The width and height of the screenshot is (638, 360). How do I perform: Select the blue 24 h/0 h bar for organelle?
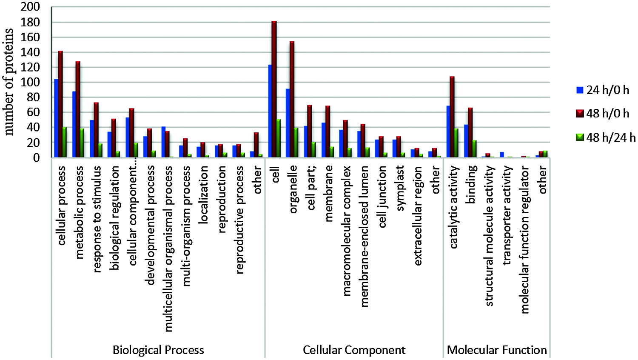click(x=288, y=123)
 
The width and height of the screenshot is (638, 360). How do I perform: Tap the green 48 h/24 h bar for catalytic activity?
click(x=456, y=143)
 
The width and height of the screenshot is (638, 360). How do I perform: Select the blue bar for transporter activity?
click(x=502, y=155)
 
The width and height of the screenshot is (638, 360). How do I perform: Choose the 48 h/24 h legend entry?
click(x=606, y=137)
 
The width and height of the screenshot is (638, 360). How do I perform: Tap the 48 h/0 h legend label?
click(x=607, y=114)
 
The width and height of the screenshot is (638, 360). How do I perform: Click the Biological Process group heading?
click(x=158, y=350)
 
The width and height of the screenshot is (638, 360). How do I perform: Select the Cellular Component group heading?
click(x=354, y=350)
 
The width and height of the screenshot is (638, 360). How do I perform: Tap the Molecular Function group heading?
click(x=497, y=350)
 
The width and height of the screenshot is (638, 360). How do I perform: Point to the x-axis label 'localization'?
click(x=203, y=194)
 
